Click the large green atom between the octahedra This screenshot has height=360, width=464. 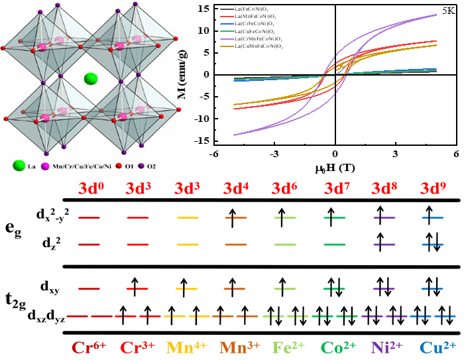91,80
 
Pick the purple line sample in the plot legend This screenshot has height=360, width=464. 227,39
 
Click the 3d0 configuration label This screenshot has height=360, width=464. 89,189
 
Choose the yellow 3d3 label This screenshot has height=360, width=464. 188,189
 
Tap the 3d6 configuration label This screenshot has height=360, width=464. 285,189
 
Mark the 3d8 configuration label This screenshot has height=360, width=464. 384,189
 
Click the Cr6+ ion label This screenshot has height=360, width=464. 90,347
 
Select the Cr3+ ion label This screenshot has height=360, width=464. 139,347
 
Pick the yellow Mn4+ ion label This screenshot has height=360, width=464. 188,347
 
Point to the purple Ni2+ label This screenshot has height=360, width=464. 387,347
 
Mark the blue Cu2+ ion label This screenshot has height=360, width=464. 437,347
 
